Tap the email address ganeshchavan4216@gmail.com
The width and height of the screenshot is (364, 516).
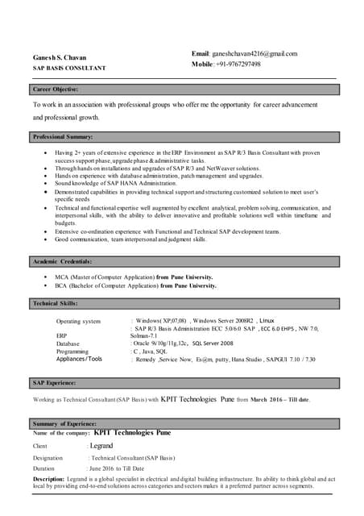[254, 53]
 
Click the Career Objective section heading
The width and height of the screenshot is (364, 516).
[55, 89]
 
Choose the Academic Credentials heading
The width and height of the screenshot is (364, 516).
[62, 262]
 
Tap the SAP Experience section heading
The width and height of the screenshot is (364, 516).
[54, 382]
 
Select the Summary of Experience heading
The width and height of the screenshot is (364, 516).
[64, 423]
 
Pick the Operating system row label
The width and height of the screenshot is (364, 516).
[78, 322]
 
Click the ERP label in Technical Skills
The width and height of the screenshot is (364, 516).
[61, 335]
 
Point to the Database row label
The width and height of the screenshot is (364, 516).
[68, 343]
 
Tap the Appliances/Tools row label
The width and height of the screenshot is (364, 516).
[79, 359]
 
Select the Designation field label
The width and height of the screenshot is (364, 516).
[48, 457]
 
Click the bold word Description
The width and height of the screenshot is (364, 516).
[52, 479]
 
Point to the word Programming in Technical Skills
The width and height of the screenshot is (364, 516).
[72, 352]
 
